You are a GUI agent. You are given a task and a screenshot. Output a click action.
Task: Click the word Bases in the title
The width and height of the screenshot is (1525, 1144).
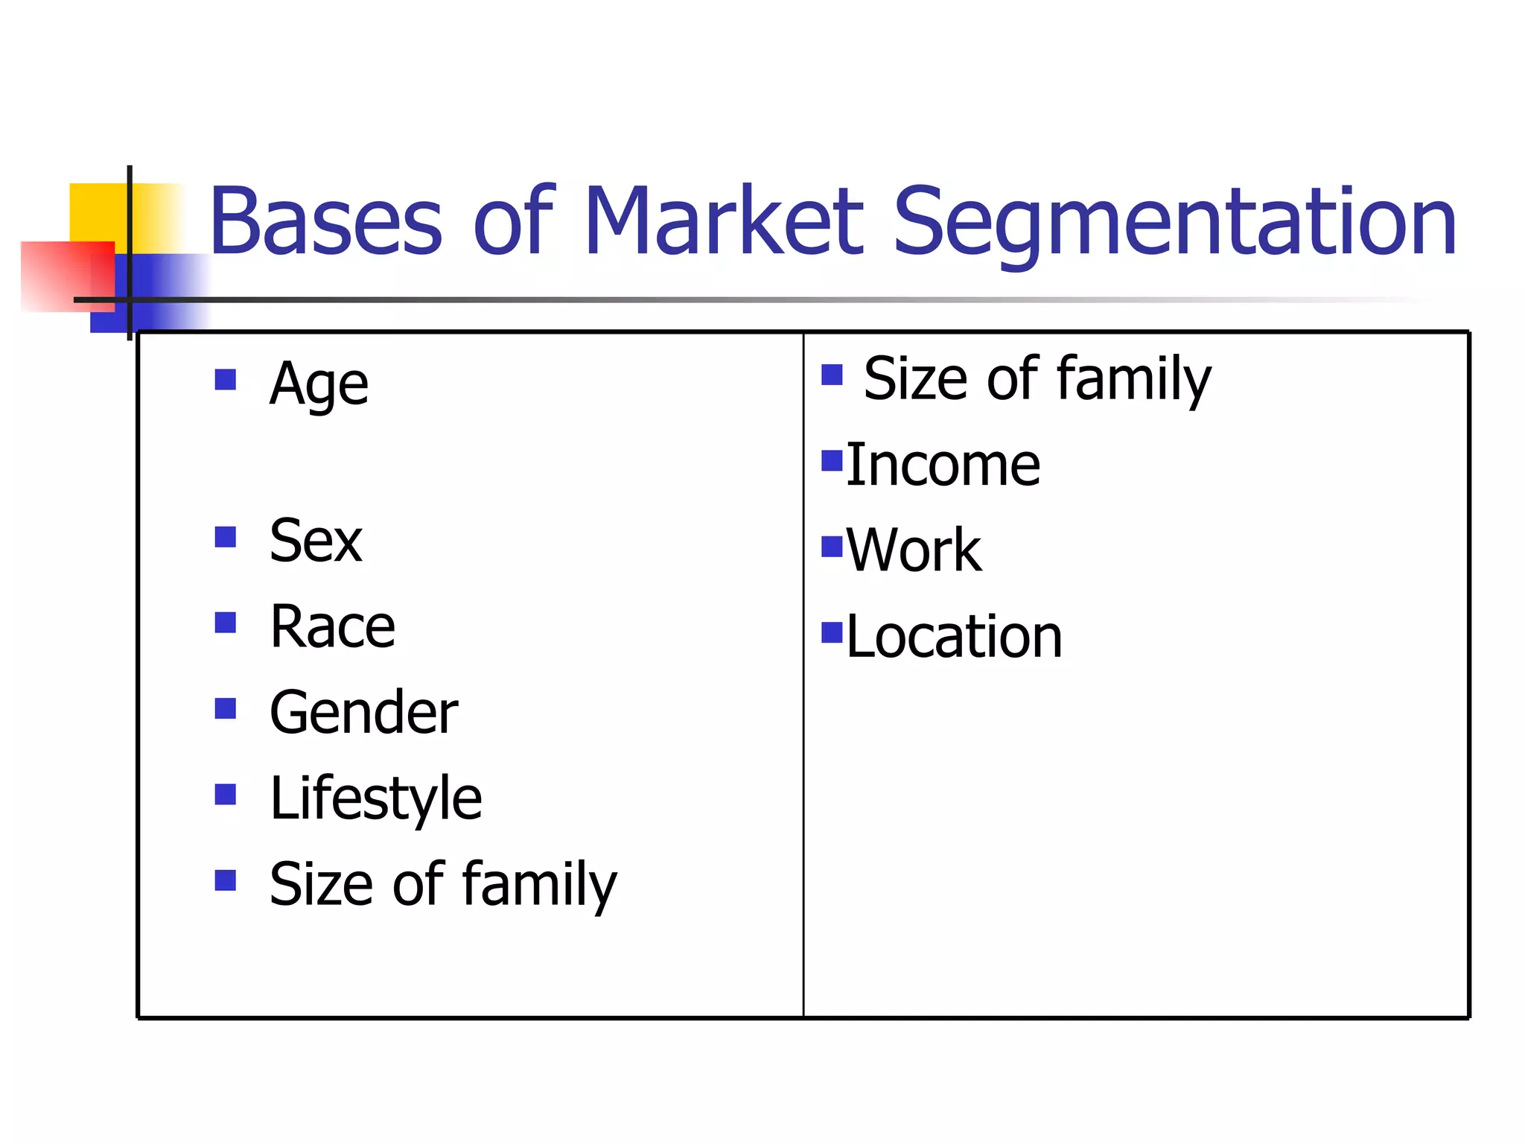coord(325,221)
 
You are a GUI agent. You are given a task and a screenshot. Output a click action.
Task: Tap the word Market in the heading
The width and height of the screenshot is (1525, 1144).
coord(723,221)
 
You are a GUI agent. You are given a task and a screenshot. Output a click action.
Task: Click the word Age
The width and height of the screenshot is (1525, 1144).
coord(319,385)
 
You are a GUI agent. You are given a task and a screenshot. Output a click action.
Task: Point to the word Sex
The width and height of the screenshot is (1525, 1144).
coord(316,541)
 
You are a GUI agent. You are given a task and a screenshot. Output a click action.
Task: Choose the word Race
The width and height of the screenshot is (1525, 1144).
coord(332,627)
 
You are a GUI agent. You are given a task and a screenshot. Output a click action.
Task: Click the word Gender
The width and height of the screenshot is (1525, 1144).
coord(363,713)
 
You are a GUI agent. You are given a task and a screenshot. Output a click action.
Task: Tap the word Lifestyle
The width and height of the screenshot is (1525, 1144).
coord(376,799)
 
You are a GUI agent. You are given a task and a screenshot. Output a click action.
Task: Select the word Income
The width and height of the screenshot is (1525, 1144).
coord(943,465)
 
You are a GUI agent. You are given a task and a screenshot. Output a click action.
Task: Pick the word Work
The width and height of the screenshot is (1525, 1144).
coord(914,551)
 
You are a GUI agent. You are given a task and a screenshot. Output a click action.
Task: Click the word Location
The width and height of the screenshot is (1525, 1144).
coord(954,637)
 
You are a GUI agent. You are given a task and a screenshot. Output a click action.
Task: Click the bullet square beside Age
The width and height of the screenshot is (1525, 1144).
coord(225,380)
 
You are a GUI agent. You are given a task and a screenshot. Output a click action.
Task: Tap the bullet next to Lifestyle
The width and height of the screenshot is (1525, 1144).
coord(225,795)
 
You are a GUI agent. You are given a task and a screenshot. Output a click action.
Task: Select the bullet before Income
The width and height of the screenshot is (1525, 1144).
coord(831,461)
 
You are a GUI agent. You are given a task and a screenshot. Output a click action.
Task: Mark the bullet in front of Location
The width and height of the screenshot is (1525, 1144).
coord(831,632)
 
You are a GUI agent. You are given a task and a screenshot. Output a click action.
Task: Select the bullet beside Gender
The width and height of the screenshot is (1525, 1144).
coord(225,708)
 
